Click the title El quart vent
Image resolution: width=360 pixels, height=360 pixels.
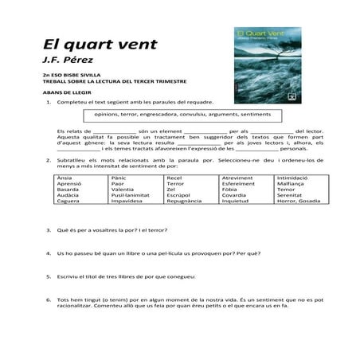pos(88,43)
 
